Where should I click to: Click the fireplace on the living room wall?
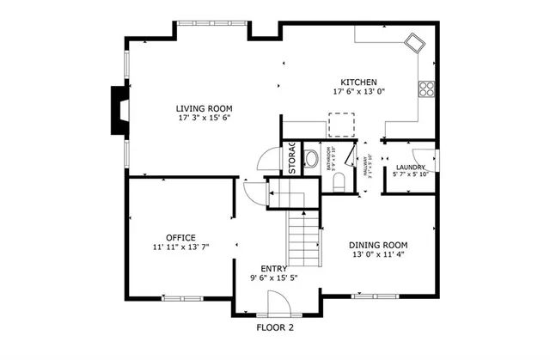pos(117,110)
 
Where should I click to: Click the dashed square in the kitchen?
pos(341,125)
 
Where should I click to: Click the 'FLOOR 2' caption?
pos(275,327)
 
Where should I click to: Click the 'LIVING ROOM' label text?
pos(205,107)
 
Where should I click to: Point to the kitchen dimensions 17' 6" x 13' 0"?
pos(359,92)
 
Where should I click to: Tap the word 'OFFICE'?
pos(180,237)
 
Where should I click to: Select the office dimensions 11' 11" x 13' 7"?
pos(181,247)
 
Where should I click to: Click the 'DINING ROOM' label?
pos(378,244)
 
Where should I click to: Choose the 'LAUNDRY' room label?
pos(409,167)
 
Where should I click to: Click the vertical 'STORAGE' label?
pos(291,158)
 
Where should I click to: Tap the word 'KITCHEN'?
pos(359,82)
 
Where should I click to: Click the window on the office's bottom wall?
pos(181,298)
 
